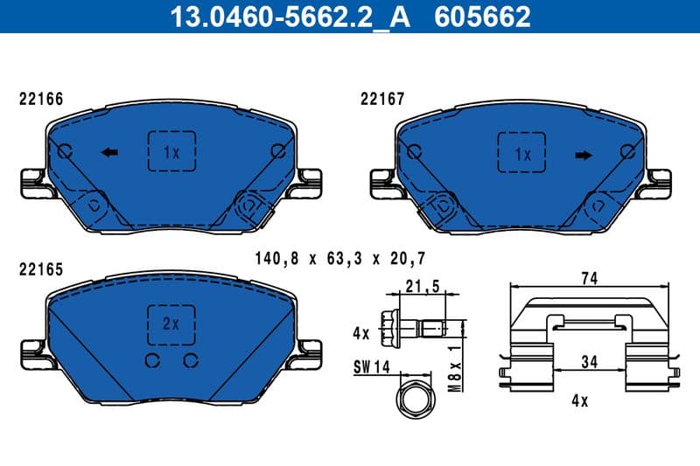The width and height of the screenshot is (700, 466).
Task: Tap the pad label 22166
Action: (x=41, y=99)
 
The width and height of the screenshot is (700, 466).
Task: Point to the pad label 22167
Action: (x=382, y=99)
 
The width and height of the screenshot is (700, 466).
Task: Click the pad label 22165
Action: (x=41, y=269)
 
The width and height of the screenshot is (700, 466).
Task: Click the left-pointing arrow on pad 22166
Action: (x=110, y=153)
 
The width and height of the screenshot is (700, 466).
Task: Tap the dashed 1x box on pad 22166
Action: (x=171, y=152)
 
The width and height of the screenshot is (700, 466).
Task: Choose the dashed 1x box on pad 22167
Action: (x=522, y=155)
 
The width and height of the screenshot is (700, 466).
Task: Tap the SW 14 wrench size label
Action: (x=372, y=368)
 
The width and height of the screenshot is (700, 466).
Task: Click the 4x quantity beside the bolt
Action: (x=361, y=332)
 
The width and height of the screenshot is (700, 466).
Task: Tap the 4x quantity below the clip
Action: (x=578, y=402)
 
